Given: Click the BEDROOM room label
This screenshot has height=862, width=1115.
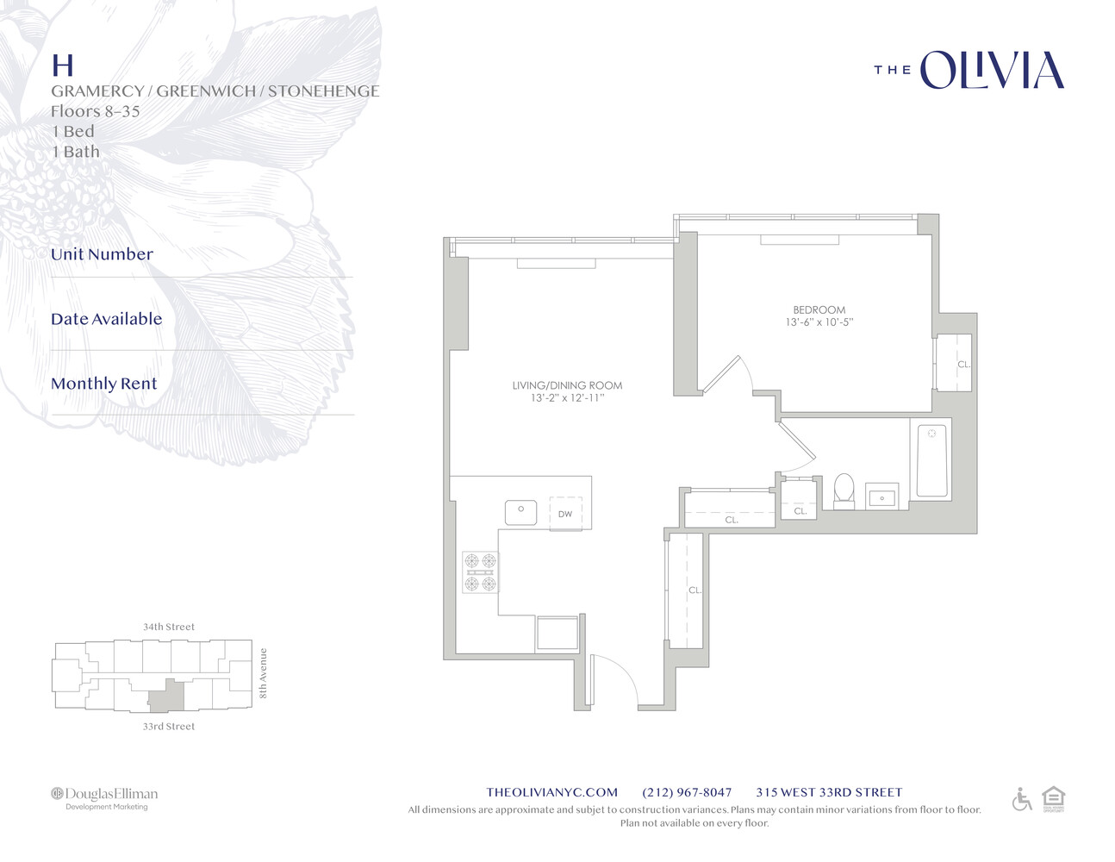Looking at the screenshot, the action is pyautogui.click(x=819, y=310).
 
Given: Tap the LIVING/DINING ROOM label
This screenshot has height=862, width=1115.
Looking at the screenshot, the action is pyautogui.click(x=567, y=385).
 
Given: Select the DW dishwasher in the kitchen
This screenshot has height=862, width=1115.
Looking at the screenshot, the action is pyautogui.click(x=565, y=514).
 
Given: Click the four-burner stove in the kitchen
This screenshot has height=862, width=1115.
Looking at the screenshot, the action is pyautogui.click(x=480, y=572).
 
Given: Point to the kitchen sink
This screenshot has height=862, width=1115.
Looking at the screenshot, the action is pyautogui.click(x=520, y=513).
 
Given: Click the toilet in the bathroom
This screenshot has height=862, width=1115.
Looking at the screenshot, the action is pyautogui.click(x=844, y=491).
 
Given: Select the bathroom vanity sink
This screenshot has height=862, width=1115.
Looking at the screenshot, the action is pyautogui.click(x=881, y=497).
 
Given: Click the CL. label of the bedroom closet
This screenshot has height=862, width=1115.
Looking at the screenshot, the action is pyautogui.click(x=964, y=365).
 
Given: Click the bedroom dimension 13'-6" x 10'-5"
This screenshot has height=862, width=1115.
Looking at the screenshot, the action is pyautogui.click(x=819, y=322).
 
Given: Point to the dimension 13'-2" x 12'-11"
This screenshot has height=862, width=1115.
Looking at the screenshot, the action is pyautogui.click(x=568, y=397).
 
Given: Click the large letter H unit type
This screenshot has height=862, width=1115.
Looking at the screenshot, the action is pyautogui.click(x=63, y=66).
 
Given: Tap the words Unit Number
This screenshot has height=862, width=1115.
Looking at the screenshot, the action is pyautogui.click(x=102, y=254).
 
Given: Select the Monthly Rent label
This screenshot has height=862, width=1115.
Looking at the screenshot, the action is pyautogui.click(x=103, y=384).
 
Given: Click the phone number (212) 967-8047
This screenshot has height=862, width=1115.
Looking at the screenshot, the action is pyautogui.click(x=687, y=792).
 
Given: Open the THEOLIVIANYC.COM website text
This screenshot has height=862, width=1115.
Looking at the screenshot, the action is pyautogui.click(x=552, y=792).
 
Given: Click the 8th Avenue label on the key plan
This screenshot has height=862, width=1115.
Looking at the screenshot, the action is pyautogui.click(x=263, y=673).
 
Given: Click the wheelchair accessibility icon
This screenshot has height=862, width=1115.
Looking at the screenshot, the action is pyautogui.click(x=1022, y=799).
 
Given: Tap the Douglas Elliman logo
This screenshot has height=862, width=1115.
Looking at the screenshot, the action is pyautogui.click(x=104, y=798).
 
